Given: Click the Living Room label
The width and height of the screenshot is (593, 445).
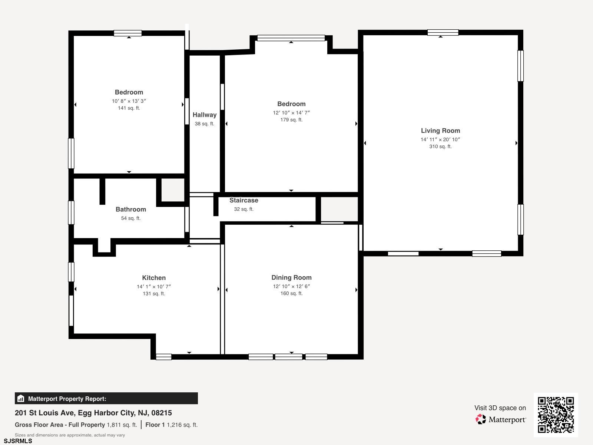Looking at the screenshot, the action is pos(440,131).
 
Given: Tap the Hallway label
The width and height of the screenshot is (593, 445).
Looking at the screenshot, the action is pos(205,115).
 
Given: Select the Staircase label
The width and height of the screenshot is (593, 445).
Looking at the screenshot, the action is pos(244,200).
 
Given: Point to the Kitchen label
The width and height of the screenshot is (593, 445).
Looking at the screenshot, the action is pos(154,278).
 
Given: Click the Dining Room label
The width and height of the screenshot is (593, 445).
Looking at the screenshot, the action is pos(292,277).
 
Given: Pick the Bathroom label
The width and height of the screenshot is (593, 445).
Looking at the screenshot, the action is pos(131,210).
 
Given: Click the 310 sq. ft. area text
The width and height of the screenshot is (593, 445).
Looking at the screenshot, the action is pos(440,146).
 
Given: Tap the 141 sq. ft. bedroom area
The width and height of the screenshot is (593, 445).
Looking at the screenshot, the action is pos(129,108).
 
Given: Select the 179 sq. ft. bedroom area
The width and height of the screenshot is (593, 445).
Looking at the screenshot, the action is pos(291,120).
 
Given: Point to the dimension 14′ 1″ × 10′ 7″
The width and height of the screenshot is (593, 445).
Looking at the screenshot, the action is pos(154,286).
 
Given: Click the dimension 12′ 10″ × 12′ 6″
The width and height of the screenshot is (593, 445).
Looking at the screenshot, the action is pos(292,286).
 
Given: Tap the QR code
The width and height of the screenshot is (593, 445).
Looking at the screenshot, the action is pos(556,415).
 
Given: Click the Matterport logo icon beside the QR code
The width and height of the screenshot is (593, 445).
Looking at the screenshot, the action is pos(481,419).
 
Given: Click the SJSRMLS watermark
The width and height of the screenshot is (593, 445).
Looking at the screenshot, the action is pos(18,441).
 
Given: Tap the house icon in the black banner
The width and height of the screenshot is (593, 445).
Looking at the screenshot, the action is pos(21,399).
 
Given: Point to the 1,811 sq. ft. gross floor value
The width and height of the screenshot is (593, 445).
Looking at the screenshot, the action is pos(122,425).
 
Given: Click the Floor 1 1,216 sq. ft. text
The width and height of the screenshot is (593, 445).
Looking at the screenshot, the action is pos(172,425).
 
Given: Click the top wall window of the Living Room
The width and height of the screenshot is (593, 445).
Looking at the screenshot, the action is pos(443,32).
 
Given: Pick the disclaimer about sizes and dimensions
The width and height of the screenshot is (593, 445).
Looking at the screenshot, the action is pos(70,435).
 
